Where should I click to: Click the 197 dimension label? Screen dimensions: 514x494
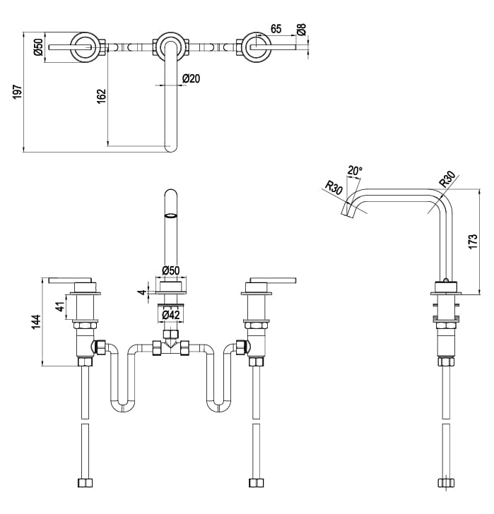pos(18,92)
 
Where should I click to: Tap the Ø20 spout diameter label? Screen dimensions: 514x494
pos(191,78)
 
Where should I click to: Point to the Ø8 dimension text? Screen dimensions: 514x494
pos(302,30)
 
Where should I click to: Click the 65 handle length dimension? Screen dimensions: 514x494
pos(276,29)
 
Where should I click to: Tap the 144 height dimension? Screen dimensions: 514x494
pos(37,321)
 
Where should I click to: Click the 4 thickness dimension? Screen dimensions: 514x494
pos(141,291)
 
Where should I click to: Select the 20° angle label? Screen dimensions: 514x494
pos(355,170)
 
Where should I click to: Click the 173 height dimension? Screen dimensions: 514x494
pos(474,241)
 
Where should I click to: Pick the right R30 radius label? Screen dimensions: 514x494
pos(447,179)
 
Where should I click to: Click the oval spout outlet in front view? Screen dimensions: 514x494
pos(170,215)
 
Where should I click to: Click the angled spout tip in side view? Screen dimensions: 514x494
pos(350,209)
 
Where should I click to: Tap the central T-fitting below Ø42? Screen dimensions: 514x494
pos(170,345)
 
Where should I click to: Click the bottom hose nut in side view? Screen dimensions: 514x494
pos(445,484)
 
